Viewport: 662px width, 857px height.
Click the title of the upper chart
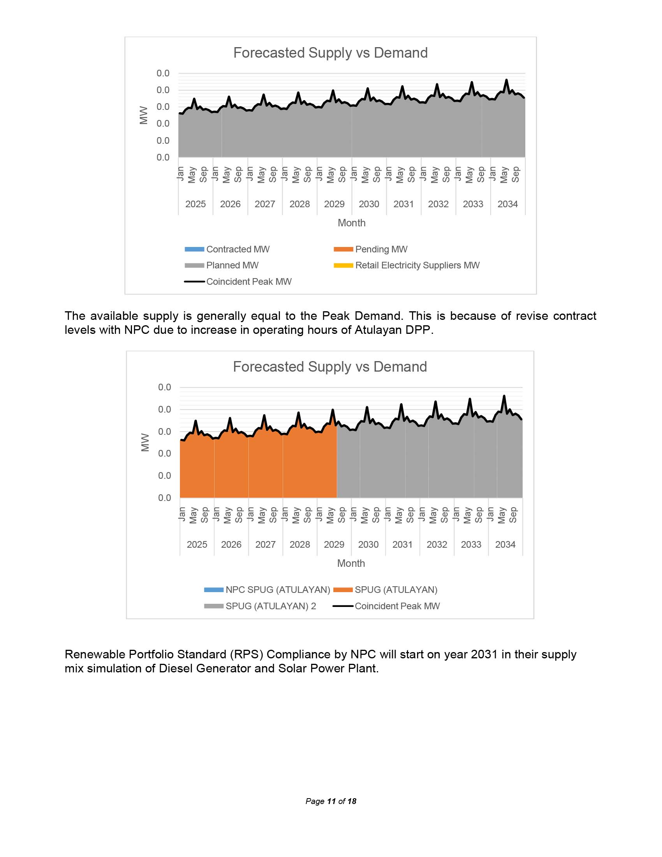330,53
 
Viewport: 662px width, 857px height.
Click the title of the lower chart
330,367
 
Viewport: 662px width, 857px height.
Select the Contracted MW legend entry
238,250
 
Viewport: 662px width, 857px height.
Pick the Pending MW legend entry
381,250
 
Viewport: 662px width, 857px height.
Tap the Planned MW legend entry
232,266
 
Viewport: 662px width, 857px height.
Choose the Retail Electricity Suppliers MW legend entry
417,266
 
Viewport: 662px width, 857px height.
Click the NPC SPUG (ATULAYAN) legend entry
278,590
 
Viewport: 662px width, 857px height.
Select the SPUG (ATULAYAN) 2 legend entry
271,606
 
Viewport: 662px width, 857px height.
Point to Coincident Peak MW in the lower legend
397,606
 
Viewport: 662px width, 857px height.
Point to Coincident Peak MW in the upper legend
249,282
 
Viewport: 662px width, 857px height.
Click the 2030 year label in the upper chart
369,205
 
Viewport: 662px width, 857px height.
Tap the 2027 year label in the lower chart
266,545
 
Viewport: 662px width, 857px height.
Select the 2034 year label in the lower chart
505,545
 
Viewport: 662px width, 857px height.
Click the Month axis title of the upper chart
351,223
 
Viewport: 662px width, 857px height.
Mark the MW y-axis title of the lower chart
145,442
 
